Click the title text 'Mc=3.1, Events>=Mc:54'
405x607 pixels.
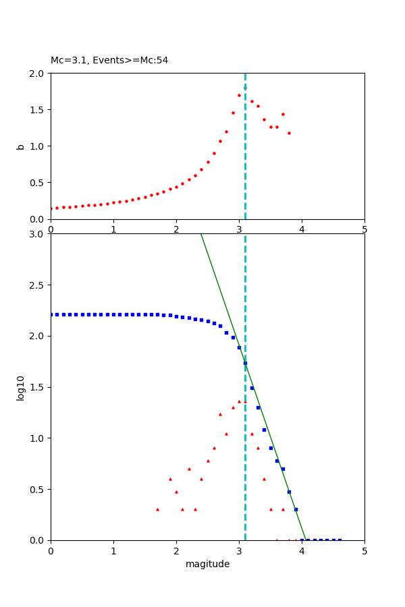[109, 60]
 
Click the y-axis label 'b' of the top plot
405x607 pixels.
[20, 146]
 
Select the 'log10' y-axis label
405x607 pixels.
[20, 388]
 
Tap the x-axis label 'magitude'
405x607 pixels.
[207, 564]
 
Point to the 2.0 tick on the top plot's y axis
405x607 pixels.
[38, 73]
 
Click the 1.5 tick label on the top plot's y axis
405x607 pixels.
[38, 109]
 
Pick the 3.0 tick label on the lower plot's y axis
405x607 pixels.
[38, 234]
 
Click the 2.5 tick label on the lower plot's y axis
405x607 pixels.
[38, 285]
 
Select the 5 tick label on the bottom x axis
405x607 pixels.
[364, 550]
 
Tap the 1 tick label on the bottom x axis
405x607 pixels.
[113, 550]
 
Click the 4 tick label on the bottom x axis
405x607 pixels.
[302, 550]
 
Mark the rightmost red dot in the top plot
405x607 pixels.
[289, 133]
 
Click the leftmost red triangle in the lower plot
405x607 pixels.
[157, 509]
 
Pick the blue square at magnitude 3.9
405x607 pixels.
[296, 509]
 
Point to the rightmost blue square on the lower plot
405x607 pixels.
[340, 540]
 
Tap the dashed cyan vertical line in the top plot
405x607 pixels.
[245, 169]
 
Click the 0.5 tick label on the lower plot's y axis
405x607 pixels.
[38, 489]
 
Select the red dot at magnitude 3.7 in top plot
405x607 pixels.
[283, 114]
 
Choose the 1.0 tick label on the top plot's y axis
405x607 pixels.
[38, 146]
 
